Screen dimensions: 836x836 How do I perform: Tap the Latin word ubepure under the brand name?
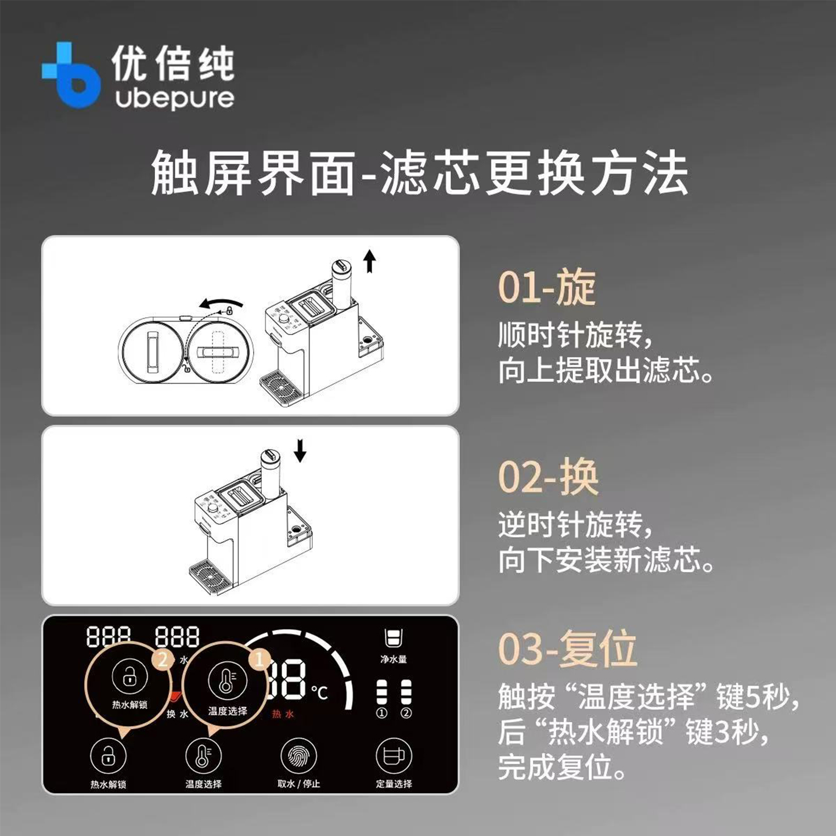coord(174,98)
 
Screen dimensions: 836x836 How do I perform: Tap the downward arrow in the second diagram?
coord(300,451)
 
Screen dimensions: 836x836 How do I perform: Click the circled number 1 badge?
coord(259,659)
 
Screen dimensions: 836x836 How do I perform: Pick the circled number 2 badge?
coord(163,659)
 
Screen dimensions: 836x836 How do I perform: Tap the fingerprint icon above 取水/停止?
coord(298,756)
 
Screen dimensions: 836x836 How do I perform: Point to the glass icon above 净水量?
coord(394,638)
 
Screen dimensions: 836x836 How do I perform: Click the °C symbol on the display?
coord(319,692)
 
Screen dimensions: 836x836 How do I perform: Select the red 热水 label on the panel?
coord(283,714)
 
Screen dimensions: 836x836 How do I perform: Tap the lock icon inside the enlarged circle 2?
coord(129,677)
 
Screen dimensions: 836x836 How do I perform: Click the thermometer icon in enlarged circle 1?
coord(226,682)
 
